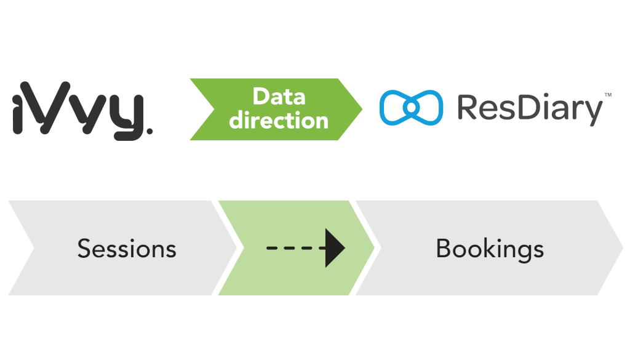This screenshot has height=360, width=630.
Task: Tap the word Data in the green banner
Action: pos(279,97)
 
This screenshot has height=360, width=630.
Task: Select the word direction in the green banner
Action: pos(279,119)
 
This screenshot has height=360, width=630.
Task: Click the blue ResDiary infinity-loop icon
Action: pos(411,108)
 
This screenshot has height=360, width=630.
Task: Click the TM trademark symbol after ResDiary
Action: pos(608,95)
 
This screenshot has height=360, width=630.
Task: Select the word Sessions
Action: pos(127,249)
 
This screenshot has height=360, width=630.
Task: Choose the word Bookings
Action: pos(490,248)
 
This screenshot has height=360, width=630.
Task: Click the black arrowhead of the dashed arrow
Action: pos(334,248)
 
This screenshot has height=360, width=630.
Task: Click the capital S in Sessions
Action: pos(84,249)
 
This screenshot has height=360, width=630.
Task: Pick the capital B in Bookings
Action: pos(444,248)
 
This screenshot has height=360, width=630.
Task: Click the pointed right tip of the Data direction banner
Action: pos(362,109)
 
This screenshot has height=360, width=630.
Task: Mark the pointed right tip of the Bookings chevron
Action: pos(622,247)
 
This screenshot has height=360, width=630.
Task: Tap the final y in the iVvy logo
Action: pos(128,114)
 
